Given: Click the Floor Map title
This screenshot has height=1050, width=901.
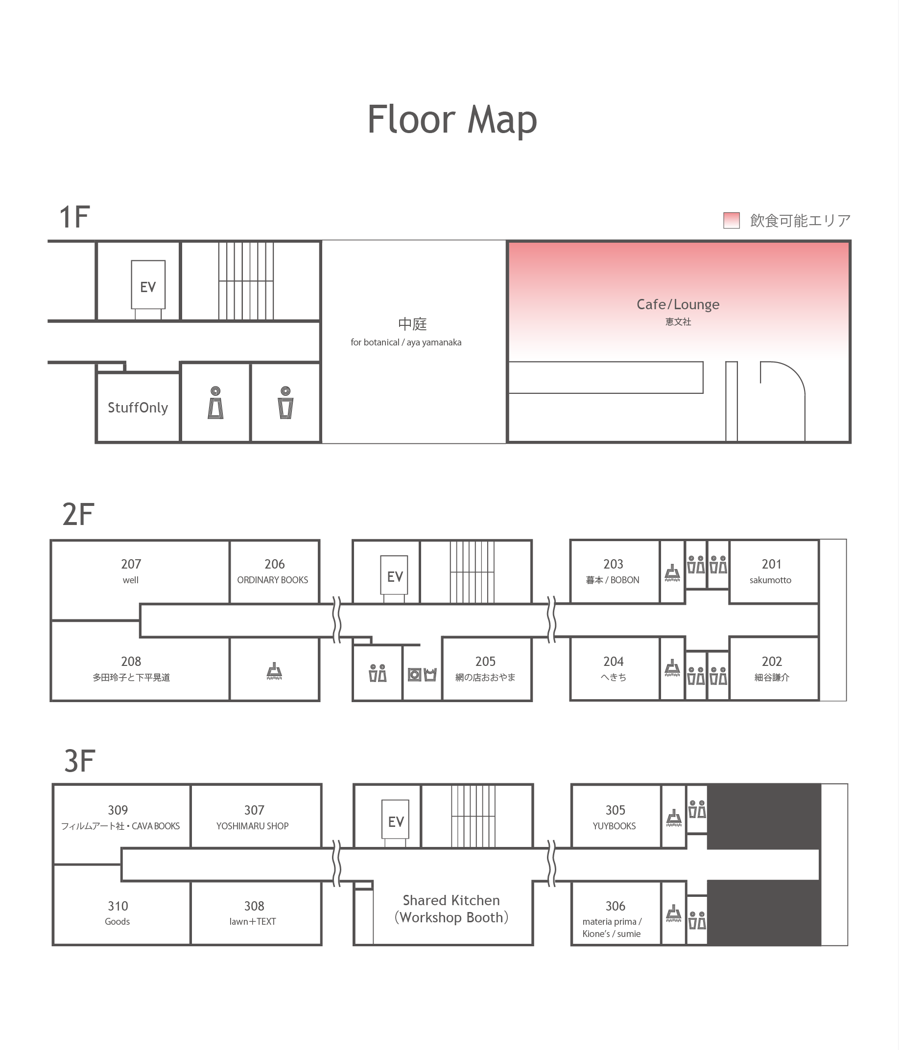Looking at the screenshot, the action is point(452,119).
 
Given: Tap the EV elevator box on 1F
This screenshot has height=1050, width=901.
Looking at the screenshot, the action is point(148,285).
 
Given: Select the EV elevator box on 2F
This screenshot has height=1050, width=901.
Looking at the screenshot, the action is point(395,575).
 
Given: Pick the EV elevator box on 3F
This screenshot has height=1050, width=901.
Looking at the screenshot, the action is point(396,820).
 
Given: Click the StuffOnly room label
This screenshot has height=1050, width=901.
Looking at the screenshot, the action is point(138,408).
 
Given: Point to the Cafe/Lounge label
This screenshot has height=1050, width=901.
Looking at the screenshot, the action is point(678,304).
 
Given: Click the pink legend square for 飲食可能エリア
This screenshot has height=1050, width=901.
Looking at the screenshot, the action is point(731,221).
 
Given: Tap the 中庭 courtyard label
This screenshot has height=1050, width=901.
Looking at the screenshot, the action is point(412,324).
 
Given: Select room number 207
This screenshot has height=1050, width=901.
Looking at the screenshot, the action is point(131,564).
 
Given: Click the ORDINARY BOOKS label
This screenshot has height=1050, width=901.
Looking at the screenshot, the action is point(273,580).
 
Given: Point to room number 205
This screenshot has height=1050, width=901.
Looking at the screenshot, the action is point(485,662).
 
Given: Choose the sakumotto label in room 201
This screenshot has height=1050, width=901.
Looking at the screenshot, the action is point(771,580).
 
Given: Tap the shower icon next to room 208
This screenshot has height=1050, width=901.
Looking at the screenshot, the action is point(274,671).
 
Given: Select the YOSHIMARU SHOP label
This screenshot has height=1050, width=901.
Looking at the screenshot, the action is point(253,826).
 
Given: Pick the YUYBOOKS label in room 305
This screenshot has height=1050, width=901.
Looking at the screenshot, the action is point(614,826).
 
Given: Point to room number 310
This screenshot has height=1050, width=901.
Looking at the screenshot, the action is point(118,906).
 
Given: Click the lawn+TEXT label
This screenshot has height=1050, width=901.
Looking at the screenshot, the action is point(253,922).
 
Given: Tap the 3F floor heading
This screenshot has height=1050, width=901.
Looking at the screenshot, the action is point(80,761).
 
